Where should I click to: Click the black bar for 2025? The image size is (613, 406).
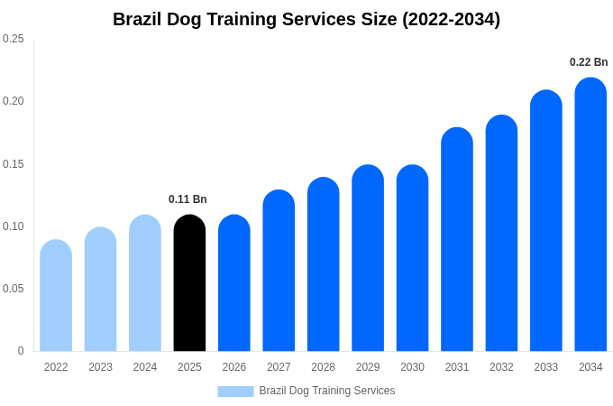(x=189, y=283)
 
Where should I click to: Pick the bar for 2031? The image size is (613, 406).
(x=457, y=240)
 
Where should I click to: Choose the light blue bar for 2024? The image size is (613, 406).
(x=145, y=283)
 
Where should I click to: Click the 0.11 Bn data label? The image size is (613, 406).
(x=188, y=199)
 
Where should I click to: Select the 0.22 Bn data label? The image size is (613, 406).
(x=589, y=62)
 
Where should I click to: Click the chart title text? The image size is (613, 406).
(x=306, y=19)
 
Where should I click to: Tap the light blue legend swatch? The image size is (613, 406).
(x=235, y=392)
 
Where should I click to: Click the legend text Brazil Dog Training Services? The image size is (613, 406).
(x=327, y=391)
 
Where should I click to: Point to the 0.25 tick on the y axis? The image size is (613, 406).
(x=14, y=39)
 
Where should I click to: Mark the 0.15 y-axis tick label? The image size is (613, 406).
(x=14, y=164)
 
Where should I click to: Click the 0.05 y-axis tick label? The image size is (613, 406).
(x=14, y=289)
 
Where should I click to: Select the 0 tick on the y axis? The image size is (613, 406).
(x=21, y=351)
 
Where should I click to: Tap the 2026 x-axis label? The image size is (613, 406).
(x=234, y=367)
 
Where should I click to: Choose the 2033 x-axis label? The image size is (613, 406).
(x=546, y=367)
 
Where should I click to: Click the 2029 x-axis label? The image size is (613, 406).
(x=368, y=367)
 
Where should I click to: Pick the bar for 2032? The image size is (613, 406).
(x=501, y=234)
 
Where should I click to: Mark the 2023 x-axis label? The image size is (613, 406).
(x=100, y=367)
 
